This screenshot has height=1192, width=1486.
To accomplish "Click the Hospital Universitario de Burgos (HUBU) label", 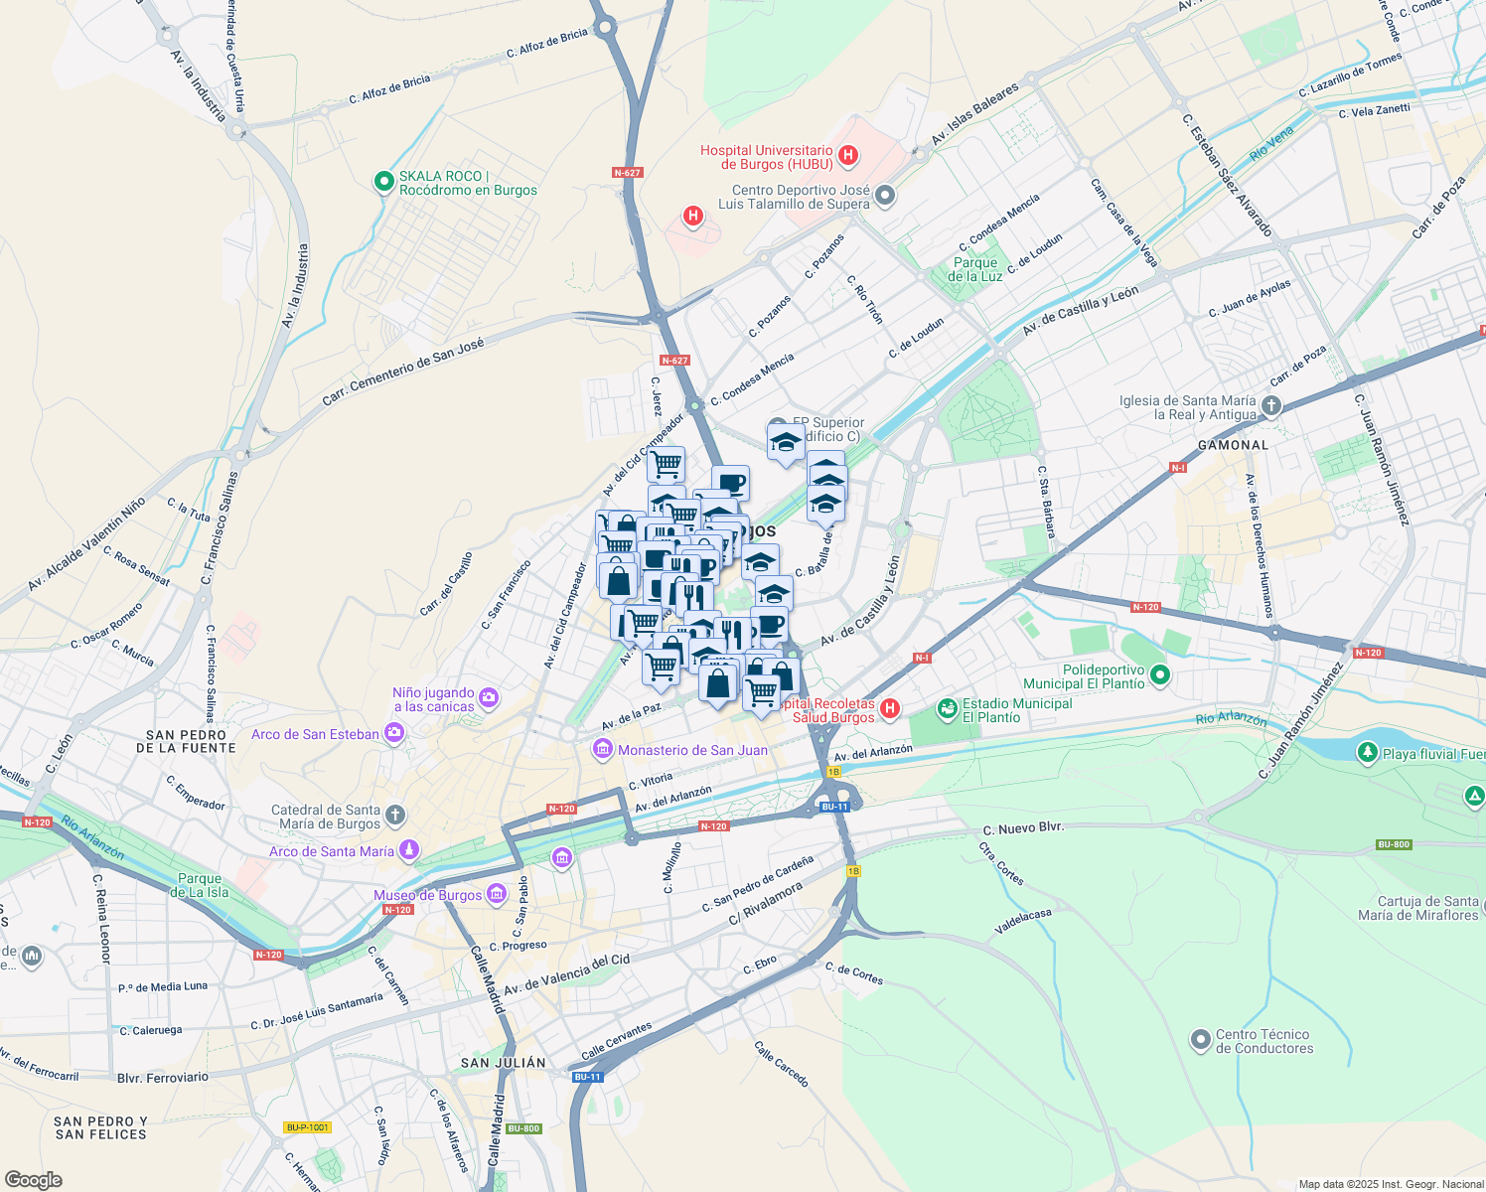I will pos(766,157).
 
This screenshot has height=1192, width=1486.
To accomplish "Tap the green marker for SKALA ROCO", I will pos(384,182).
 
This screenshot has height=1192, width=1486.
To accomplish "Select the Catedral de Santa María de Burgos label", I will pos(325,817).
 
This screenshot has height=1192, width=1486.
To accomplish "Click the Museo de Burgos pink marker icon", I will pos(496,895).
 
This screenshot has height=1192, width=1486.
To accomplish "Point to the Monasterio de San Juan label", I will pos(692,750).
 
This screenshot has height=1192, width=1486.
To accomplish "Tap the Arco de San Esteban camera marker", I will pos(394,734).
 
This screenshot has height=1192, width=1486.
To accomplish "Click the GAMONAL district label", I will pos(1233,445).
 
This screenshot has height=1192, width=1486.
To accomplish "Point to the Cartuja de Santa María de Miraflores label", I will pos(1417,908).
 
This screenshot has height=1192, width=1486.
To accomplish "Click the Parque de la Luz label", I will pos(974,269).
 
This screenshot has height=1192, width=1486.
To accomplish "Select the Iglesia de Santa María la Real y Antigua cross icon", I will pos(1271,406).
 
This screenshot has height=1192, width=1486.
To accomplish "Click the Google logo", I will pos(33,1179).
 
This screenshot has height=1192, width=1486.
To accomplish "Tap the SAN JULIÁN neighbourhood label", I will pos(503,1063).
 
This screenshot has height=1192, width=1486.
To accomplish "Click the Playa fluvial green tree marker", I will pos(1368,753).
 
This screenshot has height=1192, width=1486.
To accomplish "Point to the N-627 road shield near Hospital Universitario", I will pos(627,173).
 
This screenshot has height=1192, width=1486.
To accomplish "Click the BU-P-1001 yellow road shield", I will pos(306,1127).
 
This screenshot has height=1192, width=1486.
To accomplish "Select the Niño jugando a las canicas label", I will pos(433,699).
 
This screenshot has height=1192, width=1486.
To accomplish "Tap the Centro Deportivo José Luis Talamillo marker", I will pos(885,196).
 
